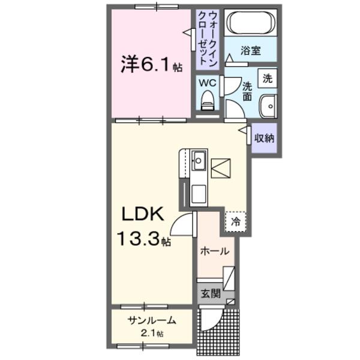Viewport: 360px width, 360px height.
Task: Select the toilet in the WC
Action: (208, 100)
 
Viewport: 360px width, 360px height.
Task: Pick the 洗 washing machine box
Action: (268, 78)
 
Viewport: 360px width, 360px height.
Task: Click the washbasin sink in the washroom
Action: (267, 106)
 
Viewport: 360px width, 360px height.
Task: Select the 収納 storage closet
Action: (264, 138)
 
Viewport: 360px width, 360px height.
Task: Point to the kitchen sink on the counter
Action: (199, 160)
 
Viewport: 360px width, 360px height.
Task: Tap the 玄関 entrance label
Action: (210, 294)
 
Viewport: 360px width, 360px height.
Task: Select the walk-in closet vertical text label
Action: (208, 37)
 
